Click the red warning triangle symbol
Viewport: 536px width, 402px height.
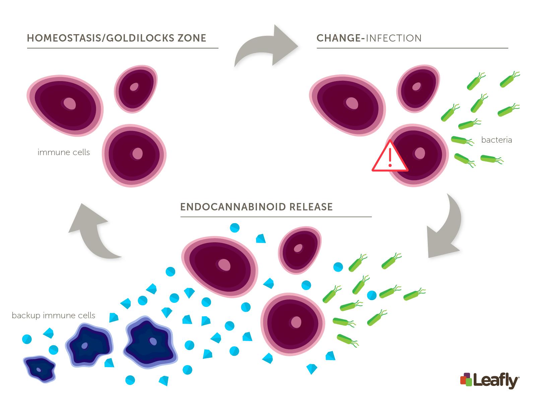tap(390, 157)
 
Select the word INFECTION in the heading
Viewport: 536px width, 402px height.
tap(393, 38)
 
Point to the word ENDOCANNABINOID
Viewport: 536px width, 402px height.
tap(233, 207)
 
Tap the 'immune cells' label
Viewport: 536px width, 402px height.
tap(64, 152)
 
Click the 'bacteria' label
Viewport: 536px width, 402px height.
tap(496, 140)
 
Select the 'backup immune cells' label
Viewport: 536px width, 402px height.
tap(54, 316)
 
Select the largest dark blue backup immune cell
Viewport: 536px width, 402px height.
tap(150, 343)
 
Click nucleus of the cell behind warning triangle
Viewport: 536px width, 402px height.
tap(420, 153)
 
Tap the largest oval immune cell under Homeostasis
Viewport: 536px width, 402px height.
tap(65, 106)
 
